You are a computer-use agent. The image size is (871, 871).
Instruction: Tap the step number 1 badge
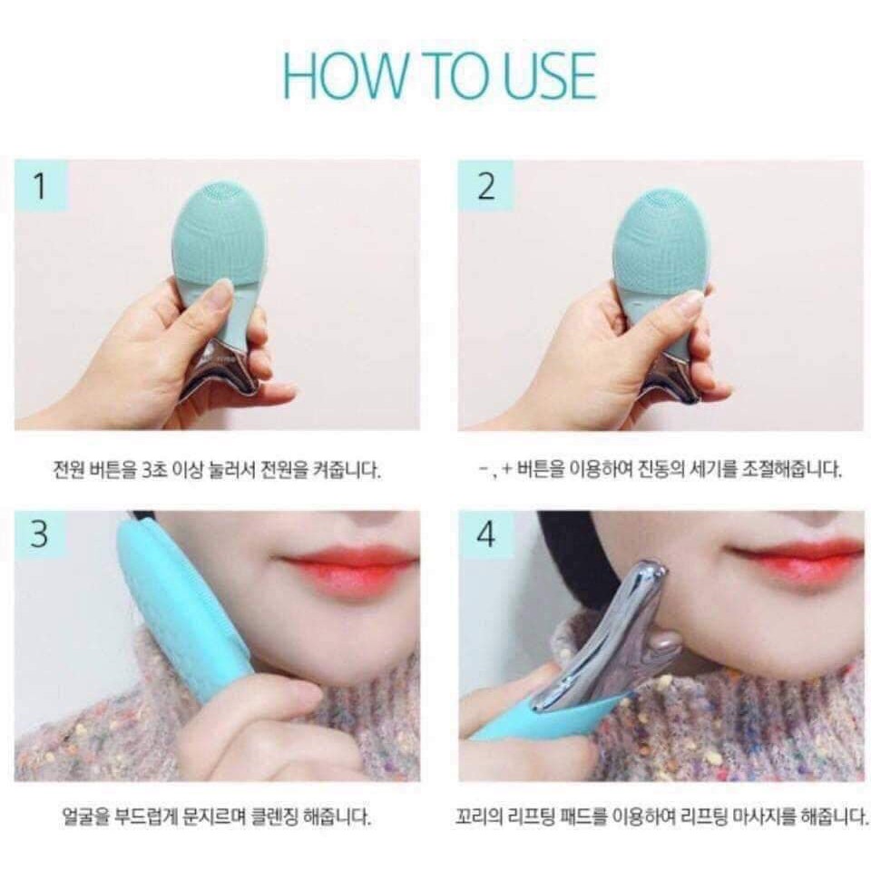pos(39,187)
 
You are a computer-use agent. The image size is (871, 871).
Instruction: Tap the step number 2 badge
pos(485,187)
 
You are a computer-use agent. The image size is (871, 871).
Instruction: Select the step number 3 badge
pos(39,534)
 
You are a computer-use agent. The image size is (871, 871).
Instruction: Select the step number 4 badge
pos(485,534)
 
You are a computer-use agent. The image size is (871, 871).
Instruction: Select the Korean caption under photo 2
pos(660,471)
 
